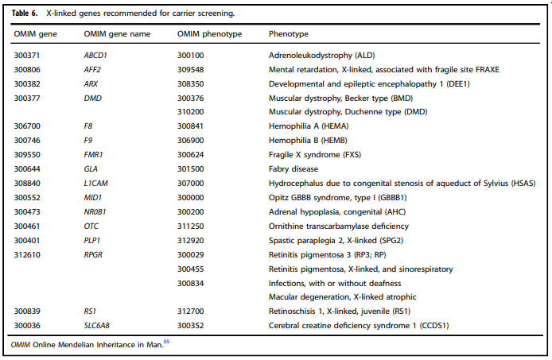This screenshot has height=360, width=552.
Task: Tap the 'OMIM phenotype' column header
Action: (x=209, y=35)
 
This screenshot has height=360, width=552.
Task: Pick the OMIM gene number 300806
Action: (x=29, y=69)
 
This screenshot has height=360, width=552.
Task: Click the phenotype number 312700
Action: (x=192, y=310)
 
